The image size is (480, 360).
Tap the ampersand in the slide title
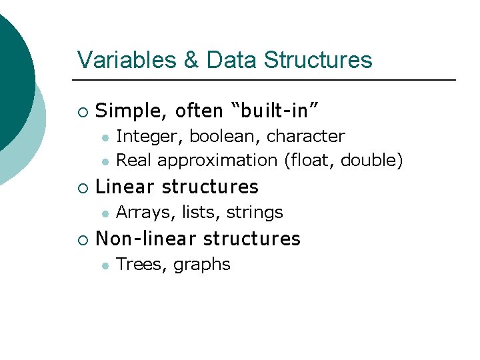click(191, 60)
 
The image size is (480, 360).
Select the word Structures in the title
click(318, 60)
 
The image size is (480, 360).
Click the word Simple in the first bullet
click(127, 110)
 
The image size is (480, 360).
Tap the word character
click(305, 137)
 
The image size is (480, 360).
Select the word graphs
click(201, 265)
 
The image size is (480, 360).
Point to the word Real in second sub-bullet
click(134, 161)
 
